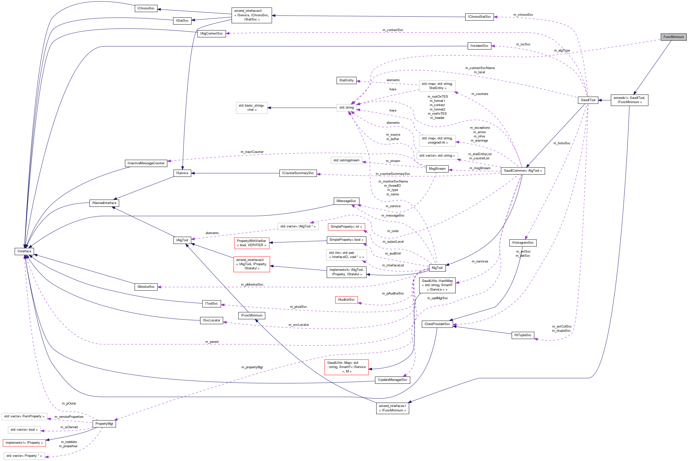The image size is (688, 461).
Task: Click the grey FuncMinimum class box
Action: (x=673, y=37)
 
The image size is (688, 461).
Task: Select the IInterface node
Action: (x=24, y=251)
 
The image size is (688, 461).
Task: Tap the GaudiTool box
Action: (x=588, y=100)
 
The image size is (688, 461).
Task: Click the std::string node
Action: (x=346, y=108)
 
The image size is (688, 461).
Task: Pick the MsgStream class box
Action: (x=437, y=169)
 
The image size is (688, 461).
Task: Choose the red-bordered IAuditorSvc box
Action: (x=346, y=300)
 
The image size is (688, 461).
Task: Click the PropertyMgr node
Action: (x=104, y=424)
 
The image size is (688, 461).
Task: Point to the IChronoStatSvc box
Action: (x=479, y=17)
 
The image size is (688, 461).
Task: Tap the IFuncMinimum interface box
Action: (x=252, y=315)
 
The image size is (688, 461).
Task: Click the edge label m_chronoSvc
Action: (x=523, y=15)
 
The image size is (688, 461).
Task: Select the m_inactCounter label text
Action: (x=252, y=152)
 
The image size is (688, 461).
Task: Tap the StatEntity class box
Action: (x=346, y=80)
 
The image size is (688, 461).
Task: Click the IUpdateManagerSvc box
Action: (x=392, y=380)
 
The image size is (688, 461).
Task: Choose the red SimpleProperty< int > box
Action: (x=346, y=227)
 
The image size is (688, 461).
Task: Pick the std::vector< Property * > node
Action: (x=24, y=456)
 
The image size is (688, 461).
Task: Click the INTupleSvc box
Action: (x=523, y=335)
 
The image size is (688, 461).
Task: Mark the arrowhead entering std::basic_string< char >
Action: (x=269, y=108)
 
